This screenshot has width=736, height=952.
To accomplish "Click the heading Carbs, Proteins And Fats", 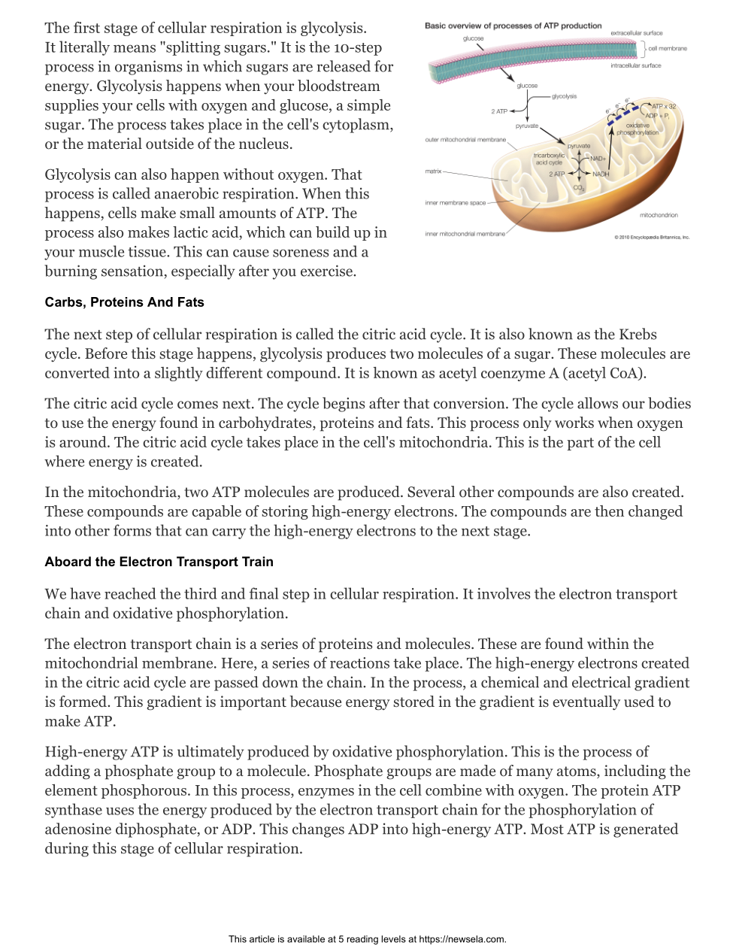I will point(124,302).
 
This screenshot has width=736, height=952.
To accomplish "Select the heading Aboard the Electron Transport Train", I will point(159,562).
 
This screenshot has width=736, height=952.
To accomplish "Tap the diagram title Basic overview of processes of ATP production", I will point(513,26).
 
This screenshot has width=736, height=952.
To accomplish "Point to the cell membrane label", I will point(668,48).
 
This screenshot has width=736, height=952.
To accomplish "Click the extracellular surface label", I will point(636,33).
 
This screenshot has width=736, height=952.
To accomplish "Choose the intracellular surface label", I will point(635,65).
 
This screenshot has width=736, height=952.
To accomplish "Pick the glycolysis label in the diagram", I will point(565,96).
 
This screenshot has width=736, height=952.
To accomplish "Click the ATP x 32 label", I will point(664,106).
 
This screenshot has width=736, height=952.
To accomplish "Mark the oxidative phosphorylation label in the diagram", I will point(638,129).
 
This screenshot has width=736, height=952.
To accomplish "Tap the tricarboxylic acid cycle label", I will point(549,159).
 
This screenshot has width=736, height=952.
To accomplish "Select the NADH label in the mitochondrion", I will point(601,174).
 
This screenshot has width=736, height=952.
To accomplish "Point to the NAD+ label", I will point(598,159).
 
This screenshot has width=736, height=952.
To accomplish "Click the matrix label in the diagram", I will point(433,171).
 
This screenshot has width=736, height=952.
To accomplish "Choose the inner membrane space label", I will point(456,203).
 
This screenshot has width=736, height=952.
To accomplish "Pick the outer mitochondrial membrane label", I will point(465,140).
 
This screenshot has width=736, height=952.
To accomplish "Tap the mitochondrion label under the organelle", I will point(659,215).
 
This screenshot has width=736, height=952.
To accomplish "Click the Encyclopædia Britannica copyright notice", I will point(651,238).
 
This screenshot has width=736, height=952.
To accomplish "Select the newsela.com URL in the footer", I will point(462,939).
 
